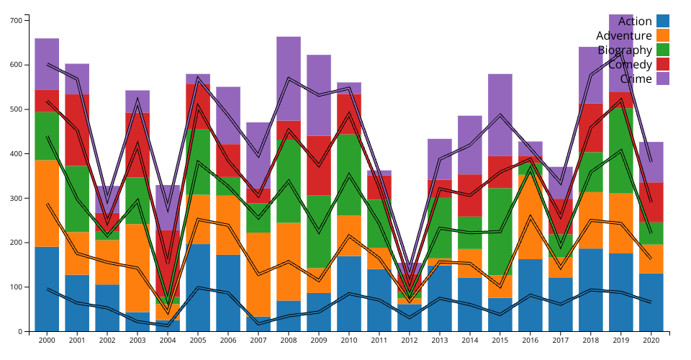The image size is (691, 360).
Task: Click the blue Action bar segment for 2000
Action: [47, 289]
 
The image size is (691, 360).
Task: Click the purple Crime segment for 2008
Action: [289, 78]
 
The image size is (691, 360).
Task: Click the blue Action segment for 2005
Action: [198, 287]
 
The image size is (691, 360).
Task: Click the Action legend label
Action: [635, 22]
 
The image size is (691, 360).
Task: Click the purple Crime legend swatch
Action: [663, 78]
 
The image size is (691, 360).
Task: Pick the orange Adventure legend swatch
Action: [663, 35]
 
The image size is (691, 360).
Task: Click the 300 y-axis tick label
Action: [16, 198]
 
